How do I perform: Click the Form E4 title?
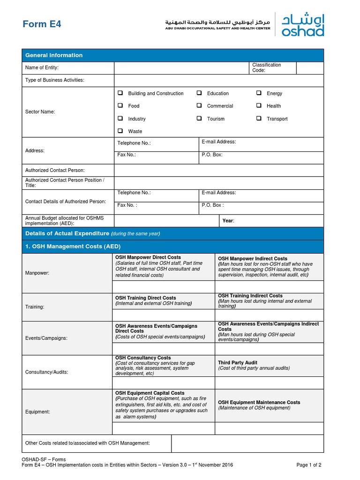click(x=42, y=24)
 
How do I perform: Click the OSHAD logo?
click(x=302, y=24)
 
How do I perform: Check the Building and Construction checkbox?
click(x=120, y=93)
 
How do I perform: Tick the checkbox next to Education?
click(x=199, y=93)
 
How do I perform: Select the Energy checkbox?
click(x=259, y=93)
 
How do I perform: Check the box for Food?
click(x=120, y=105)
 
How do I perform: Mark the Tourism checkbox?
click(x=199, y=119)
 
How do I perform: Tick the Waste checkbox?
click(x=120, y=131)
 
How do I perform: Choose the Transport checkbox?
click(x=259, y=119)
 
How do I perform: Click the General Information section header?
click(x=54, y=55)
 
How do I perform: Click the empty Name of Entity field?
click(x=181, y=68)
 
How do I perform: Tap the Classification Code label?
click(x=266, y=67)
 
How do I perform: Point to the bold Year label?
click(x=228, y=220)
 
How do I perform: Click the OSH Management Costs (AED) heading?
click(x=73, y=246)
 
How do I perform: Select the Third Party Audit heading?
click(x=238, y=363)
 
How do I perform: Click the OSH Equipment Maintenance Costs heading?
click(x=259, y=402)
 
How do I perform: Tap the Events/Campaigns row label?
click(x=46, y=338)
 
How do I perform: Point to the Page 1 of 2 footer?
click(x=309, y=465)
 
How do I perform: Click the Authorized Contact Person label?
click(x=55, y=170)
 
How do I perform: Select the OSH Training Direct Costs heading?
click(x=146, y=298)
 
